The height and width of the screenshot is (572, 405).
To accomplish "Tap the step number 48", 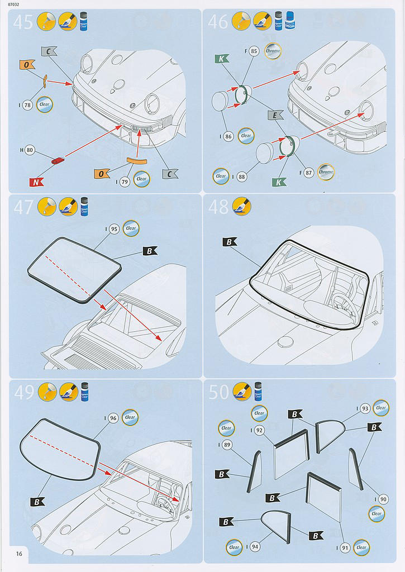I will pyautogui.click(x=218, y=207).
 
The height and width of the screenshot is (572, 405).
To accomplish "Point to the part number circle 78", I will pyautogui.click(x=27, y=105).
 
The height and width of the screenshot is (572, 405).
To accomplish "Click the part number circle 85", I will pyautogui.click(x=254, y=51).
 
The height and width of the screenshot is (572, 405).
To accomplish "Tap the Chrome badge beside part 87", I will pyautogui.click(x=325, y=173).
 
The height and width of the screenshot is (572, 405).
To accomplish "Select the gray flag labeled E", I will pyautogui.click(x=275, y=116).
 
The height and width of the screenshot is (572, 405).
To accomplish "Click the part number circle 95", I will pyautogui.click(x=114, y=229).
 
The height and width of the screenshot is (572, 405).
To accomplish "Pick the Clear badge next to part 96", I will pyautogui.click(x=130, y=417).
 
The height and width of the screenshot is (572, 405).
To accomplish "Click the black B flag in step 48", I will pyautogui.click(x=230, y=242).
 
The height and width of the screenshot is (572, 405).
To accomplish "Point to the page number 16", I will pyautogui.click(x=20, y=554).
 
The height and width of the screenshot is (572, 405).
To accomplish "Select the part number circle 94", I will pyautogui.click(x=254, y=547).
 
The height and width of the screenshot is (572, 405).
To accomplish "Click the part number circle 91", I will pyautogui.click(x=344, y=547).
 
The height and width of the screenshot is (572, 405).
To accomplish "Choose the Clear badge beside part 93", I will pyautogui.click(x=381, y=408).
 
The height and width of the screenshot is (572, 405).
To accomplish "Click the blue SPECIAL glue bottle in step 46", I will pyautogui.click(x=290, y=21).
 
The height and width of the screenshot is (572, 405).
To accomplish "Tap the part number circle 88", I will pyautogui.click(x=241, y=177).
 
